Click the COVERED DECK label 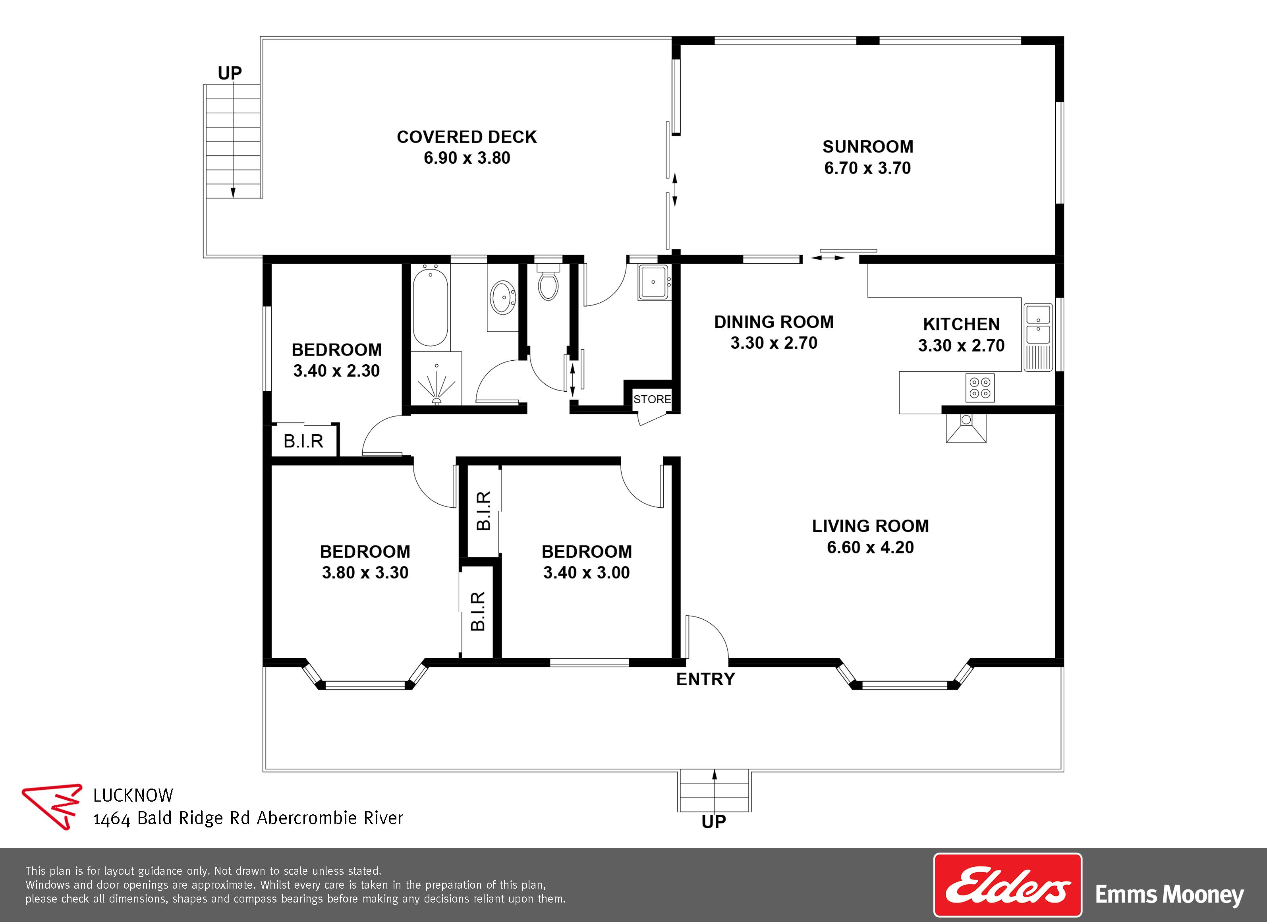(x=466, y=137)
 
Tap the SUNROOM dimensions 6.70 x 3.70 (x=867, y=168)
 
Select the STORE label (x=652, y=399)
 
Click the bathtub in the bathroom (x=430, y=306)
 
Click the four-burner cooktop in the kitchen (x=980, y=388)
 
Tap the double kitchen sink (x=1038, y=325)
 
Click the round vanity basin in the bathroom (x=503, y=297)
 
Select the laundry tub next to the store (x=654, y=282)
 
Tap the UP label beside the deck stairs (x=230, y=73)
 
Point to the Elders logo (x=1007, y=885)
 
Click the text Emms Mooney (x=1169, y=895)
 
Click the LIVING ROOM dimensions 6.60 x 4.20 (x=870, y=547)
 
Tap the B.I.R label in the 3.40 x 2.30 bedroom (x=303, y=441)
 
